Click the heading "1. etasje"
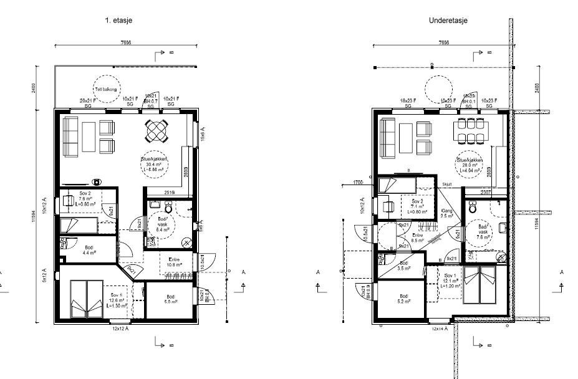click(x=118, y=21)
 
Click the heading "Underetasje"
click(x=448, y=21)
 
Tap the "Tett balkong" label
click(x=107, y=90)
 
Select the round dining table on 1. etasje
click(x=157, y=131)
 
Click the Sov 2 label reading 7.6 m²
click(x=85, y=199)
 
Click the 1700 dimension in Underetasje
click(x=358, y=183)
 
